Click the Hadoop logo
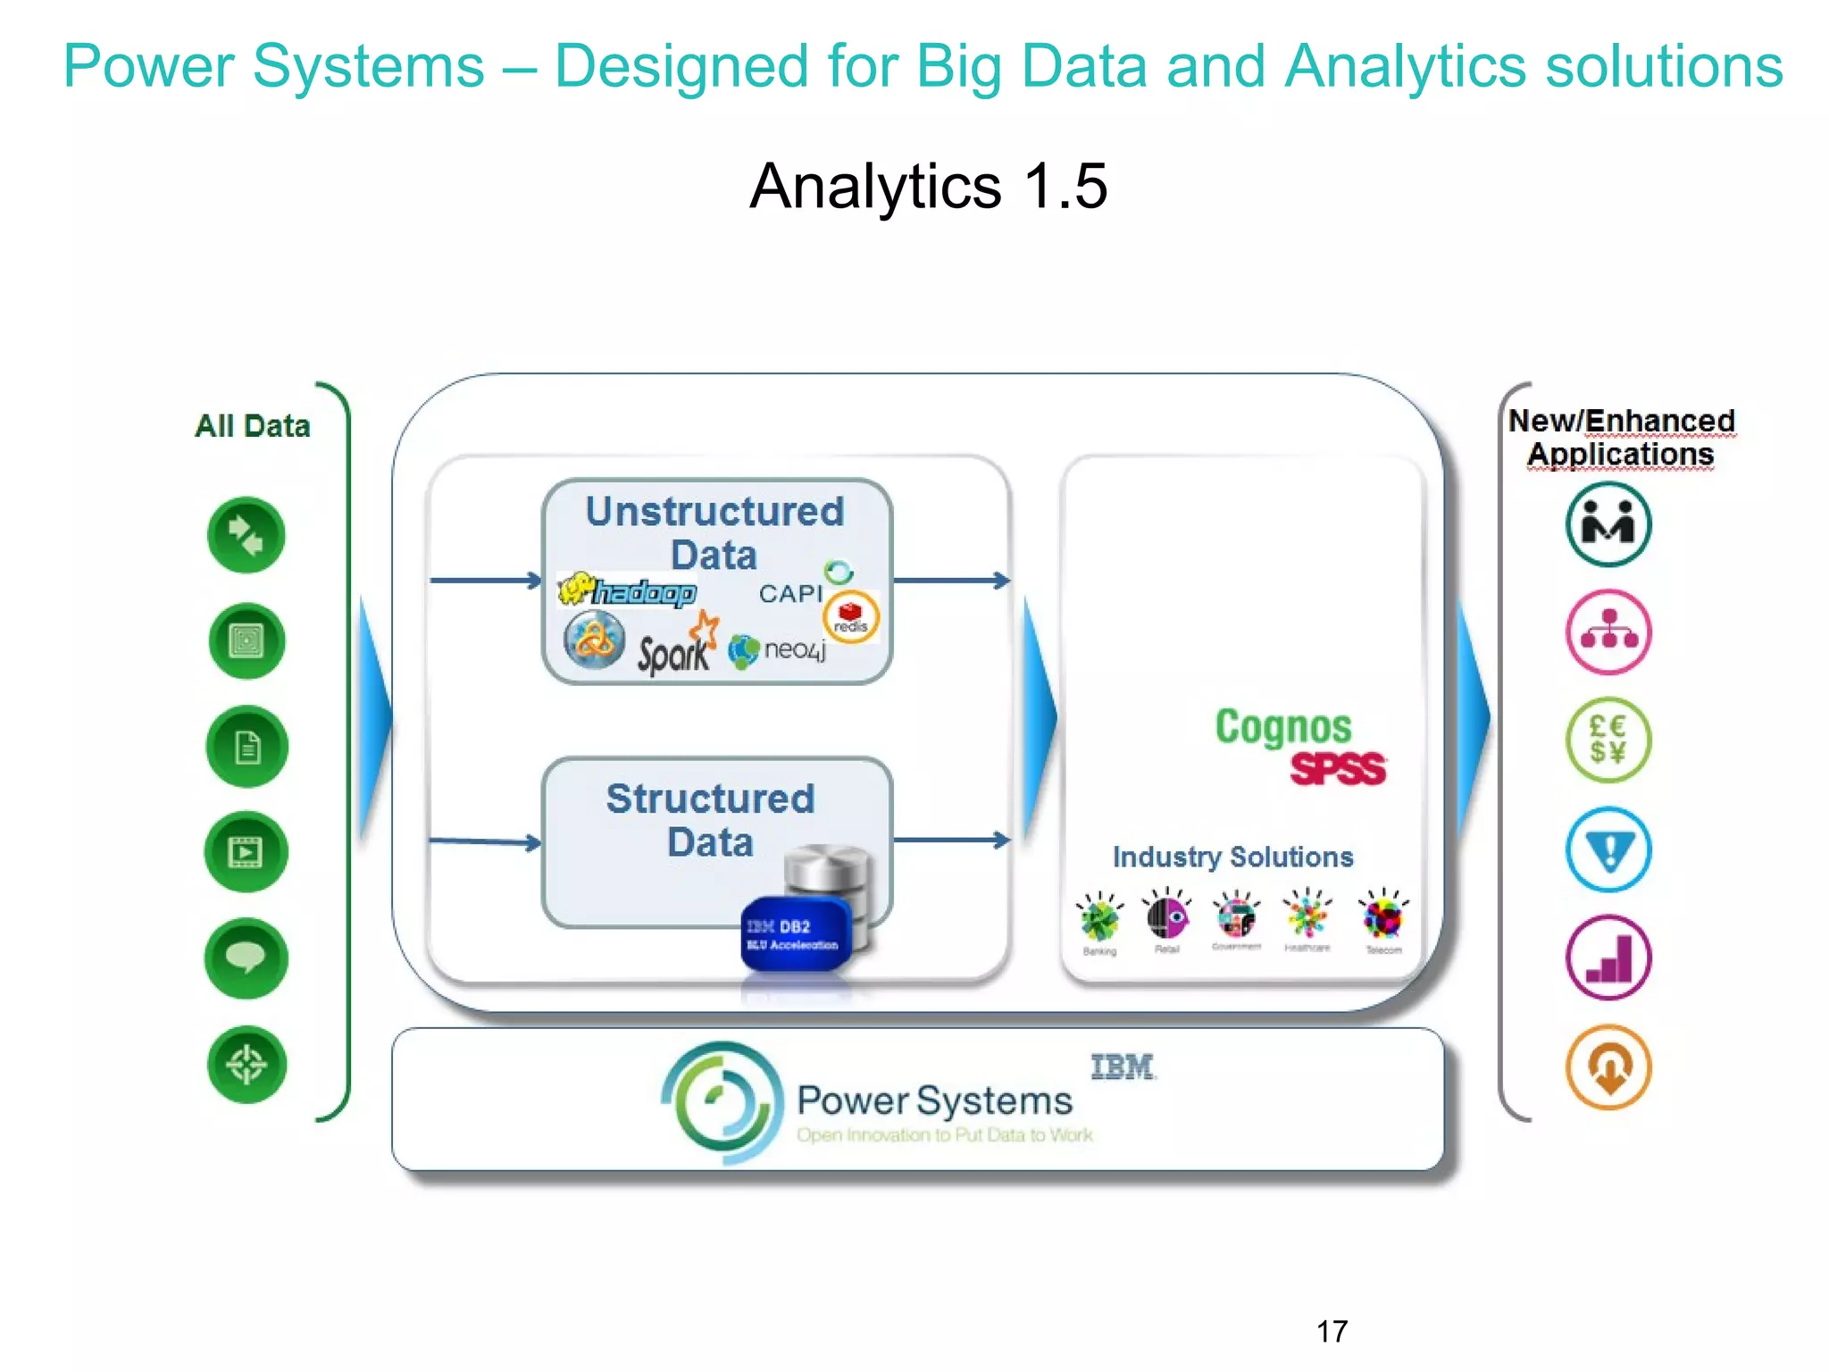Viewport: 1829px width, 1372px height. click(628, 591)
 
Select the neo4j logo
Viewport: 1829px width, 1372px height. click(778, 650)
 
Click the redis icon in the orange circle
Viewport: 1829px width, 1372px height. click(850, 616)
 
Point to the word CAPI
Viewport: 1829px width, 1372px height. click(789, 594)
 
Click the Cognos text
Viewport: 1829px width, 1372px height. click(1283, 727)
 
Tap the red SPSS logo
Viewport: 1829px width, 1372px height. click(1337, 769)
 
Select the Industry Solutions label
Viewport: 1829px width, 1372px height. click(1232, 857)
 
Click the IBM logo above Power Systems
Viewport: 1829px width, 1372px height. click(1123, 1067)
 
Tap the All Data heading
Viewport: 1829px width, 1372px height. click(253, 426)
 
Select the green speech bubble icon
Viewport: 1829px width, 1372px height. click(246, 958)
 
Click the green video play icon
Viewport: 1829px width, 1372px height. click(246, 852)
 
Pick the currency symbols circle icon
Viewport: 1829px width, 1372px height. click(1608, 740)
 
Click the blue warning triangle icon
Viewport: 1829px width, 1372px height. click(1608, 849)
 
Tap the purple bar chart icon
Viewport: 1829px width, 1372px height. click(1608, 958)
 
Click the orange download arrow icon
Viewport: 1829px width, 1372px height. click(1608, 1067)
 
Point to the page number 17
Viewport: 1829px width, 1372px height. click(1332, 1332)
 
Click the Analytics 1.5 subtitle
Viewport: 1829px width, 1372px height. click(929, 187)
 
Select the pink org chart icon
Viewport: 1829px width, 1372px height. click(1608, 632)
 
